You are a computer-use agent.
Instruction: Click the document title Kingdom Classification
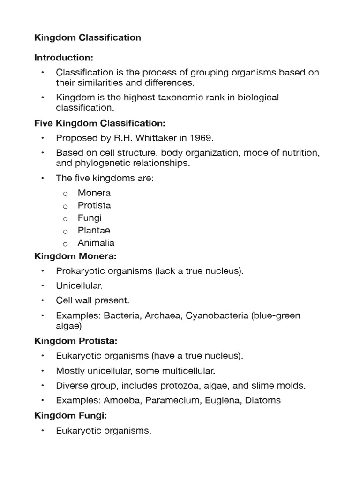click(x=88, y=37)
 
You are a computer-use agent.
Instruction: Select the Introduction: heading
click(x=64, y=58)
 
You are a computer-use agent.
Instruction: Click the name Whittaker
click(x=165, y=138)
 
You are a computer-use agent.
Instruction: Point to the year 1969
click(x=203, y=138)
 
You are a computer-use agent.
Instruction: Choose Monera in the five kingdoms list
click(x=94, y=193)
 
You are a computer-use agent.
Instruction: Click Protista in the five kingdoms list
click(x=94, y=205)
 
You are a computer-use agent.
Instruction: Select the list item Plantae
click(x=94, y=231)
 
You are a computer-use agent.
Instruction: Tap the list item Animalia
click(x=96, y=243)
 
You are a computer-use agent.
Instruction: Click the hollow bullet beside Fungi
click(x=66, y=218)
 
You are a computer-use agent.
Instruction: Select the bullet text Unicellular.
click(x=79, y=285)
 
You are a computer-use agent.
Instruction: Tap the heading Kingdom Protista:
click(x=76, y=341)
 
